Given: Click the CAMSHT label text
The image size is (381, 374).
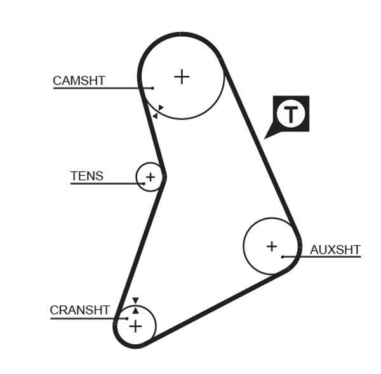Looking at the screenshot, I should click(79, 81).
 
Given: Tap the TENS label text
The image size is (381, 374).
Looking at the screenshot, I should click(86, 176).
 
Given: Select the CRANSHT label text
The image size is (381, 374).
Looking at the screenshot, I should click(79, 311).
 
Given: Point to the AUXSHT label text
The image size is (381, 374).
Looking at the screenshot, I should click(335, 250).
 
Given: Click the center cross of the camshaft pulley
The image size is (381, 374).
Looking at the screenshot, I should click(182, 77).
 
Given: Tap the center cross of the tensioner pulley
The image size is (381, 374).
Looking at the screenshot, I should click(150, 176).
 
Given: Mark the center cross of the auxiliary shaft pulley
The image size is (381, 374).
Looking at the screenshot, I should click(272, 246).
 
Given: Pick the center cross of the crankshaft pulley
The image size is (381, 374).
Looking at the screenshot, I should click(135, 326).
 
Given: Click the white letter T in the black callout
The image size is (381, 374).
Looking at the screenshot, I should click(291, 114).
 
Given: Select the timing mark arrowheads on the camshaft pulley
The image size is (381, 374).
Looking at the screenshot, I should click(157, 111).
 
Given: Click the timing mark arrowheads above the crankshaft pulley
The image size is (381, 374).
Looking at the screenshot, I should click(135, 305).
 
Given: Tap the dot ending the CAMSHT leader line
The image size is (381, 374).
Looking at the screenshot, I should click(152, 88).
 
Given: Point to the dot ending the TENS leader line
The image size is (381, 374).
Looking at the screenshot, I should click(144, 184).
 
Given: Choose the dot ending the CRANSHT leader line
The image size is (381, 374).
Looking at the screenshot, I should click(127, 318).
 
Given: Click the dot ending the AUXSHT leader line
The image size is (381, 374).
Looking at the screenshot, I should click(283, 257).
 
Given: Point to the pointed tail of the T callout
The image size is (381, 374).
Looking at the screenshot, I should click(267, 136).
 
